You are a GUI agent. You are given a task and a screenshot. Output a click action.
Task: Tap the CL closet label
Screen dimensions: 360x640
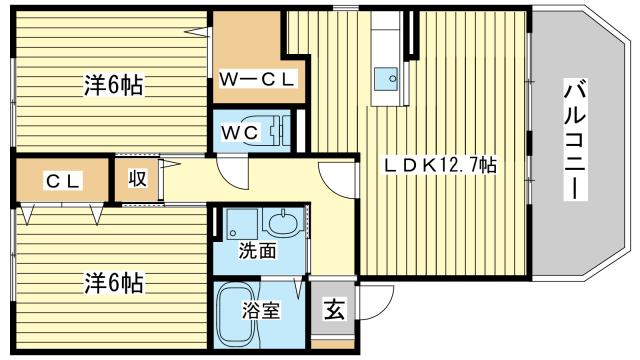click(61, 181)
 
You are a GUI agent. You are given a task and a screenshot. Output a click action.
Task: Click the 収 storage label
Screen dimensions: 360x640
click(138, 180)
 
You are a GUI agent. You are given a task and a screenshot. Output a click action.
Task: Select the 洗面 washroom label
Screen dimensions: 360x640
click(257, 252)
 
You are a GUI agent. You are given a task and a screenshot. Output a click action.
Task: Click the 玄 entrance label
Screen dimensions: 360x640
click(332, 310)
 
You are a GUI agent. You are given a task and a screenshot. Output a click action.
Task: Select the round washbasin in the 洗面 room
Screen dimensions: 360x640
click(286, 223)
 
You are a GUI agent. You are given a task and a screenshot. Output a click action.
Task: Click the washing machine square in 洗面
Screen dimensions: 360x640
click(241, 223)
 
